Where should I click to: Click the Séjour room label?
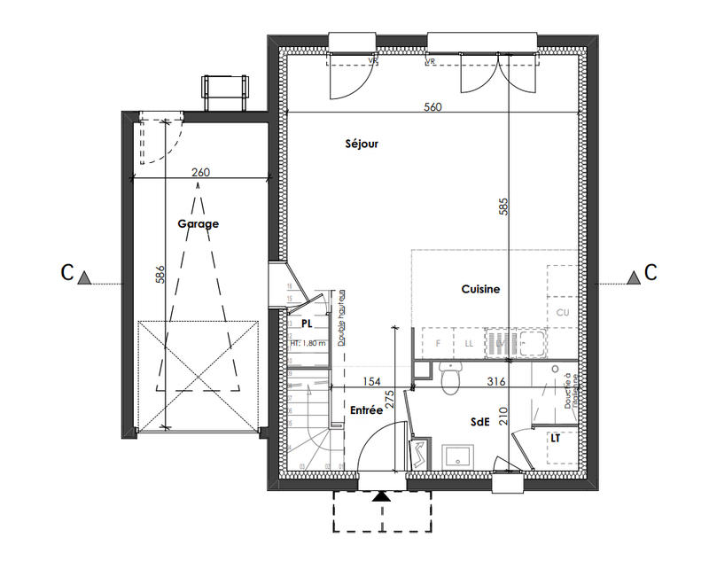coord(362,144)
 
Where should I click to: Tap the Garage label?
coord(198,224)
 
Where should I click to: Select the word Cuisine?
coord(480,289)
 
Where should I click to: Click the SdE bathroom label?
coord(480,423)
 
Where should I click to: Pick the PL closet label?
coord(307,325)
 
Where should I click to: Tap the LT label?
coord(556,438)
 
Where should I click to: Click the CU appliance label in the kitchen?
coord(562,312)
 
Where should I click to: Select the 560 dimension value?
coord(432,106)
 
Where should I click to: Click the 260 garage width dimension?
coord(200,173)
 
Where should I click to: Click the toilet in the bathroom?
coord(450,378)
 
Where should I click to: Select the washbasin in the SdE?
coord(458,456)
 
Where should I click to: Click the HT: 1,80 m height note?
coord(308,342)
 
